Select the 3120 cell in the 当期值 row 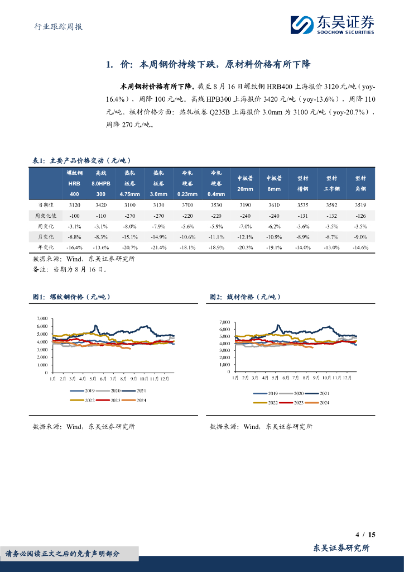tap(74, 205)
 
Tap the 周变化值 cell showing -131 tap(303, 216)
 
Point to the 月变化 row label tap(45, 237)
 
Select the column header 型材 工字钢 tap(333, 183)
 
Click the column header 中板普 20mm tap(245, 183)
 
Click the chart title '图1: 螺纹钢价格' tap(73, 297)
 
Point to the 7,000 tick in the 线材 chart tap(225, 322)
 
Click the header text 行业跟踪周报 tap(55, 26)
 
